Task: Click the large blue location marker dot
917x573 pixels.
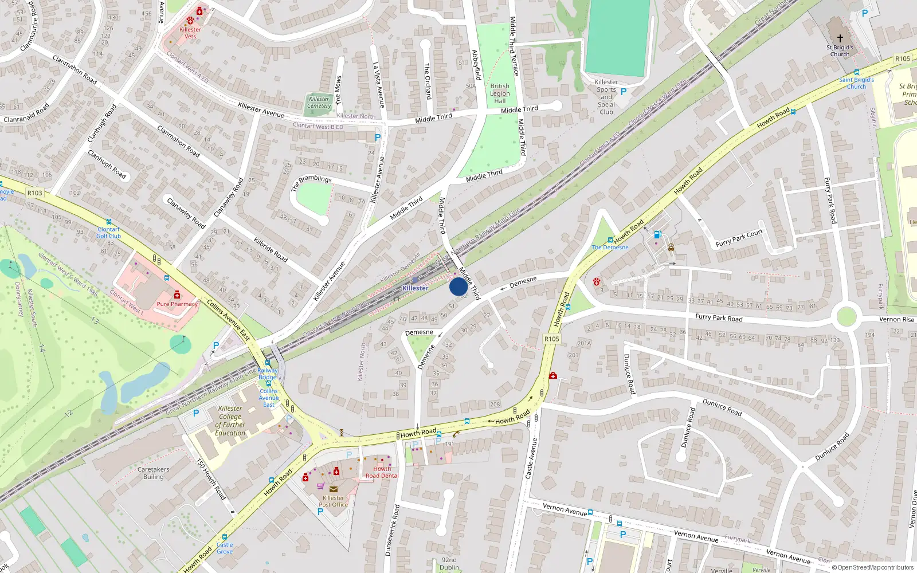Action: coord(458,286)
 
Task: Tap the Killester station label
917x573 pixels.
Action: coord(415,288)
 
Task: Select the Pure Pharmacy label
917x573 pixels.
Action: coord(177,304)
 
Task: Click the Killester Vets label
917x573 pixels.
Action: coord(190,33)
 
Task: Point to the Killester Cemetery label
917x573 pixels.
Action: coord(319,103)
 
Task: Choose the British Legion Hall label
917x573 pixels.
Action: coord(500,93)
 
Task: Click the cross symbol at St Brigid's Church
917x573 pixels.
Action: coord(840,38)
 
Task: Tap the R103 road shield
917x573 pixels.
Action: coord(35,193)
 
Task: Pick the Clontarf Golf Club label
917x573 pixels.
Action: coord(108,233)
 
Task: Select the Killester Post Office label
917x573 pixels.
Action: coord(333,501)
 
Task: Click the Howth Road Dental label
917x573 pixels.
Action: coord(382,472)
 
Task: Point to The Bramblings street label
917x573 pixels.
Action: coord(311,183)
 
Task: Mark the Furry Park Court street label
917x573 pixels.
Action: coord(739,238)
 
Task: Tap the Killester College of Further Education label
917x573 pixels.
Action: coord(230,421)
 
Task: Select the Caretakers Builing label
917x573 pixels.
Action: coord(153,473)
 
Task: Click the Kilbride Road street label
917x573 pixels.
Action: coord(271,249)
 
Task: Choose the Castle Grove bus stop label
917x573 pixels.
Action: coord(225,548)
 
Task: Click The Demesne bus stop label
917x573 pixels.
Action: coord(610,248)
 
